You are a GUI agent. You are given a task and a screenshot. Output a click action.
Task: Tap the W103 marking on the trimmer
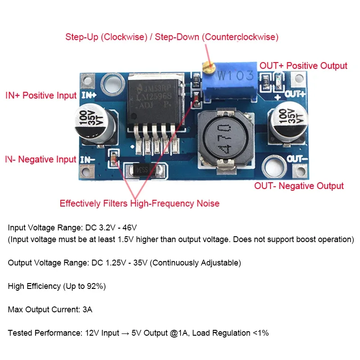(x=235, y=76)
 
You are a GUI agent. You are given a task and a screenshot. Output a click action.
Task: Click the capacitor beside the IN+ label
(x=95, y=123)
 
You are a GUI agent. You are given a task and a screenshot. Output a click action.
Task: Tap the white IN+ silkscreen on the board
(x=89, y=95)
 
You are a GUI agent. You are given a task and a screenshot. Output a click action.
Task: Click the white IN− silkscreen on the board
(x=87, y=160)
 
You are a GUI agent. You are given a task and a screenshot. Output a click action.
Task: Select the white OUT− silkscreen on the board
(x=297, y=159)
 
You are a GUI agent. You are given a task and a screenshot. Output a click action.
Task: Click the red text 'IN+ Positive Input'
(x=41, y=95)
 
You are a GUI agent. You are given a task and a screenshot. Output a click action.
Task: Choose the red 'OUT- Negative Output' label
(x=299, y=186)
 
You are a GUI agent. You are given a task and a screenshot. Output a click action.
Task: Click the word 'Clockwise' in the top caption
(x=124, y=37)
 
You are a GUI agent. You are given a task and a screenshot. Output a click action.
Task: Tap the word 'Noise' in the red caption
(x=208, y=203)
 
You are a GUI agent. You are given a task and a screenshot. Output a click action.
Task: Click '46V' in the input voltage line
(x=130, y=228)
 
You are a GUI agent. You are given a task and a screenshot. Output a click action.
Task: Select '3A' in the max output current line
(x=87, y=310)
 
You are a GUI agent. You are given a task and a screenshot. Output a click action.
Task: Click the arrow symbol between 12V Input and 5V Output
(x=125, y=333)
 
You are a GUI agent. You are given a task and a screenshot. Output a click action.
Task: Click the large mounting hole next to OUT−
(x=274, y=167)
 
